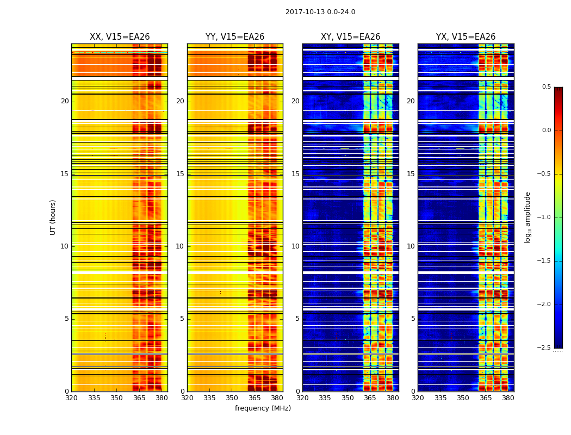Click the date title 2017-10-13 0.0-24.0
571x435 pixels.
pyautogui.click(x=320, y=12)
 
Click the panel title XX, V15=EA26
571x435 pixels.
pyautogui.click(x=120, y=37)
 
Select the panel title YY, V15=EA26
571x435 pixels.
pyautogui.click(x=235, y=37)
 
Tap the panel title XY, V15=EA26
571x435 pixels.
pyautogui.click(x=350, y=37)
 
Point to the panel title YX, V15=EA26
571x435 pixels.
pyautogui.click(x=466, y=37)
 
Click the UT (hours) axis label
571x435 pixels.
pyautogui.click(x=53, y=217)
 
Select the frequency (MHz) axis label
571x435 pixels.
pyautogui.click(x=263, y=408)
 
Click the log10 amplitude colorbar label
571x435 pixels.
pyautogui.click(x=527, y=217)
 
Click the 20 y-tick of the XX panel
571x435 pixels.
pyautogui.click(x=65, y=101)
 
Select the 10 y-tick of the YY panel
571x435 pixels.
pyautogui.click(x=181, y=246)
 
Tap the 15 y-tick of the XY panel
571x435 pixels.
pyautogui.click(x=296, y=174)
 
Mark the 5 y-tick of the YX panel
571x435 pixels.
pyautogui.click(x=413, y=319)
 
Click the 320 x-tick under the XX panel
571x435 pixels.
pyautogui.click(x=71, y=398)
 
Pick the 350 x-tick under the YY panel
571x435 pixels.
pyautogui.click(x=232, y=398)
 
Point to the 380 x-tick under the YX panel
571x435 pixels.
pyautogui.click(x=508, y=398)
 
